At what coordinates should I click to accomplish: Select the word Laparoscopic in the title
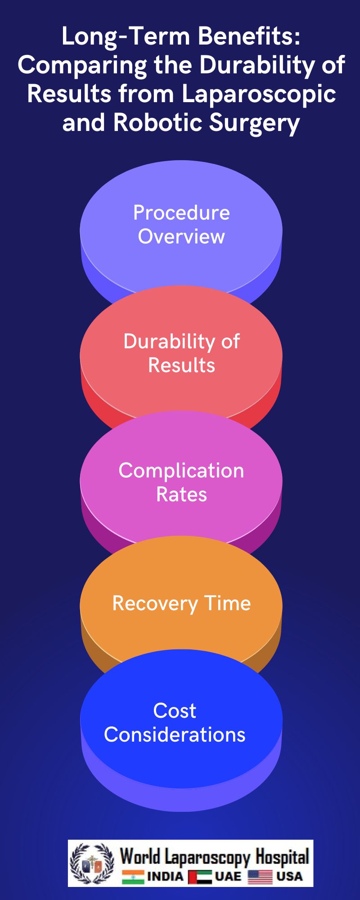click(x=259, y=94)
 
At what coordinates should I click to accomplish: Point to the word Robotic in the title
click(x=157, y=122)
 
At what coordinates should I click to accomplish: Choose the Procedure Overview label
click(x=181, y=225)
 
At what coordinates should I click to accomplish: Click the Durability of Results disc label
click(x=181, y=353)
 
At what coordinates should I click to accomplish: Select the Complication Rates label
click(x=181, y=482)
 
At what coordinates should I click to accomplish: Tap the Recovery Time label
click(x=181, y=603)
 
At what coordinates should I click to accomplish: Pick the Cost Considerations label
click(x=175, y=723)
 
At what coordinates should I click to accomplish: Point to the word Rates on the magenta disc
click(x=181, y=495)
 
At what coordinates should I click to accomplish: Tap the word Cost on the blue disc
click(x=175, y=711)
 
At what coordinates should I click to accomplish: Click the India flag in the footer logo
click(x=133, y=877)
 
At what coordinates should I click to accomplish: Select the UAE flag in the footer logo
click(x=200, y=877)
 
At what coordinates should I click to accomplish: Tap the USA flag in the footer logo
click(x=260, y=877)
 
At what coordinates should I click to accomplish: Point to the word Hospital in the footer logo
click(x=282, y=856)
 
